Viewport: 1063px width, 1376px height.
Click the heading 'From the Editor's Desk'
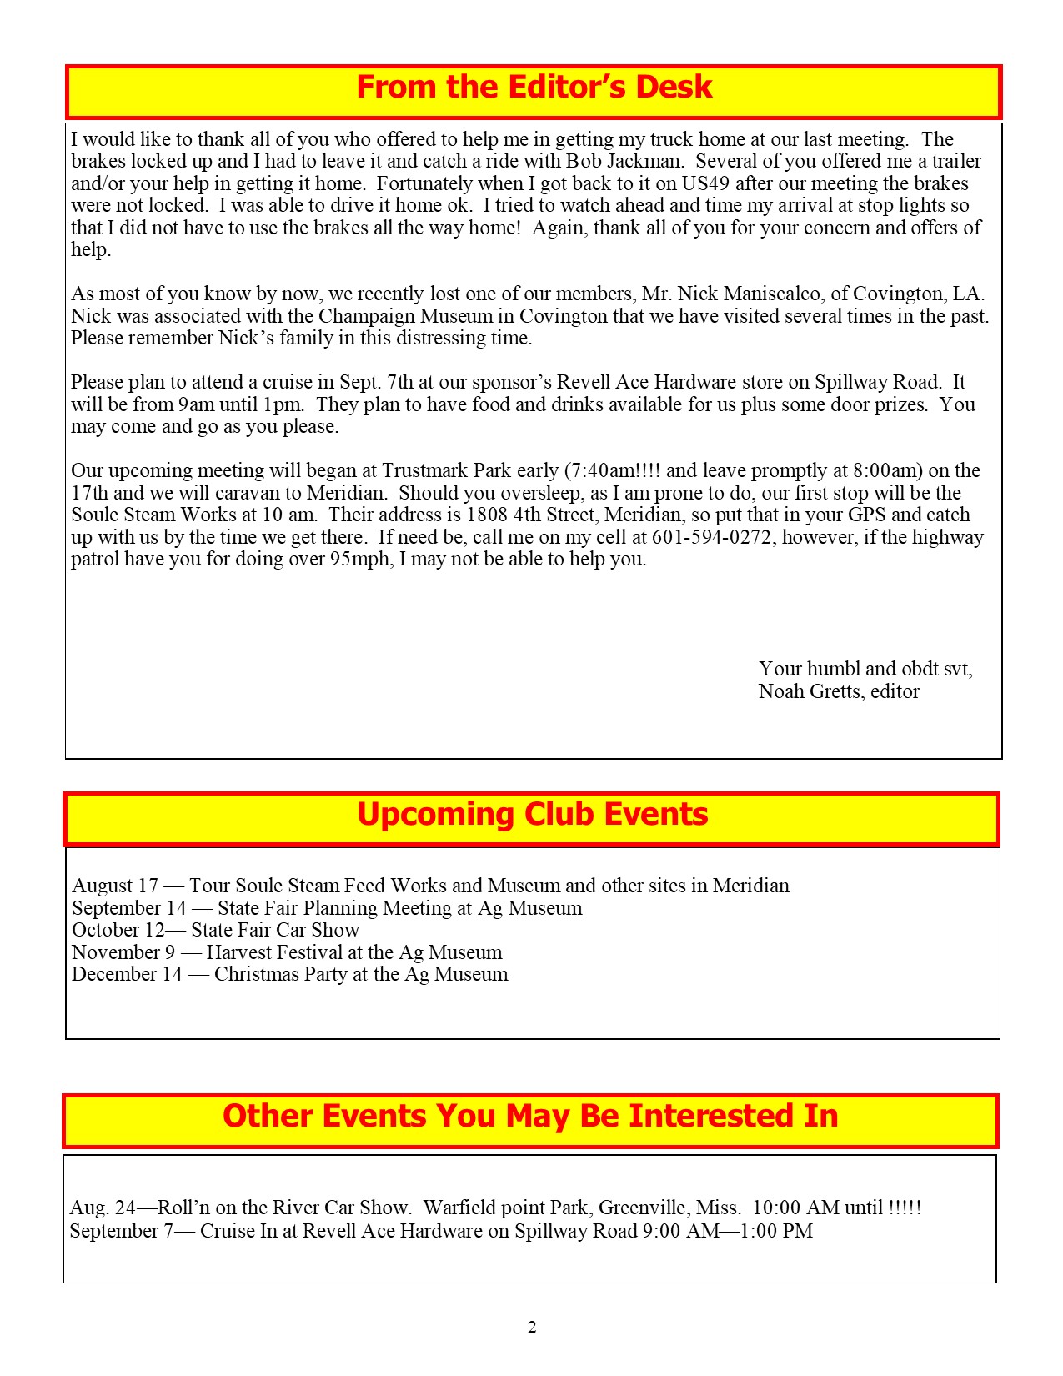pos(534,88)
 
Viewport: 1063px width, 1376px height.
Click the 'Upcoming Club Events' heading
pos(532,815)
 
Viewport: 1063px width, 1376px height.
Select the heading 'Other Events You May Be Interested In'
pos(530,1117)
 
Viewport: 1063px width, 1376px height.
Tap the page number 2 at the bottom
pos(532,1328)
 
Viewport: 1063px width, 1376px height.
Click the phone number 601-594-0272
pos(712,537)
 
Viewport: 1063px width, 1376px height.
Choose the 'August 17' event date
pos(115,886)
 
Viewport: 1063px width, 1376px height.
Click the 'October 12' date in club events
pos(118,930)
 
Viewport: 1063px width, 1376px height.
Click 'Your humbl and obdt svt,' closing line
pos(865,669)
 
